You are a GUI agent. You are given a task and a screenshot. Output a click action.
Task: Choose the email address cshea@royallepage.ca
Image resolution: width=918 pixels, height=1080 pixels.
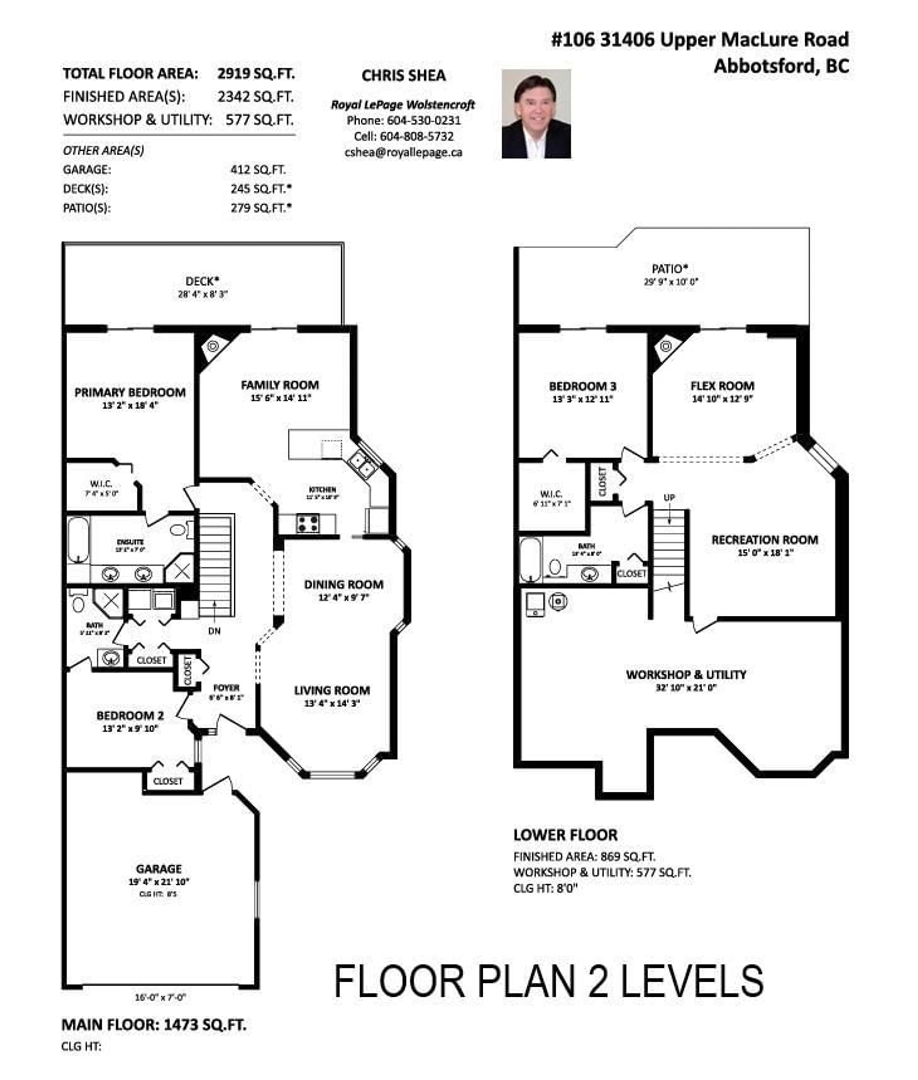403,152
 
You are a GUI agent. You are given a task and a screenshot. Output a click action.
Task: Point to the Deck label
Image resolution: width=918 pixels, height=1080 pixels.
202,282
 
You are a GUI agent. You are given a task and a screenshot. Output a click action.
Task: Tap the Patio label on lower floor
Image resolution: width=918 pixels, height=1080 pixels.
670,269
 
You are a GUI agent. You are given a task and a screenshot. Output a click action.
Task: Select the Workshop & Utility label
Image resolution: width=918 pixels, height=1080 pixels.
686,675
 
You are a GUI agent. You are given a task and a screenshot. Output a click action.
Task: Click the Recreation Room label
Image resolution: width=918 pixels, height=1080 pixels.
765,540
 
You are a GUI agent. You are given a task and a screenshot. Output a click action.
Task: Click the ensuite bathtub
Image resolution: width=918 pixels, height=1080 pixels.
78,540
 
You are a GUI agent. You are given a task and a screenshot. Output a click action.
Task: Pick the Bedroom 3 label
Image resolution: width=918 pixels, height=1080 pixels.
582,386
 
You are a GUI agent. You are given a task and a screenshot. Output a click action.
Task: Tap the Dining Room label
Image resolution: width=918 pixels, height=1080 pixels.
344,585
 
